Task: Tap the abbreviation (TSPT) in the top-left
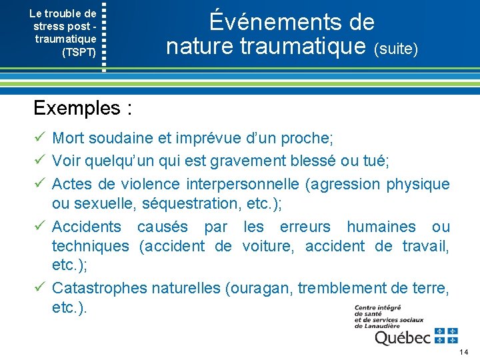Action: point(79,51)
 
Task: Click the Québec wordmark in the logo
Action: point(402,337)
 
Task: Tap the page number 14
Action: point(465,351)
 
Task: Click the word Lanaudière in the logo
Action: point(389,325)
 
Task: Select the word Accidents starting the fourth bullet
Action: point(87,227)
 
